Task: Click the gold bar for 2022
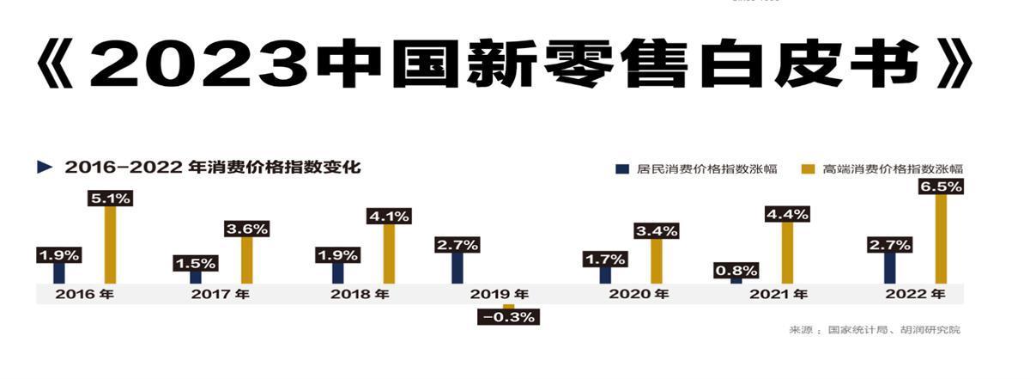click(x=941, y=239)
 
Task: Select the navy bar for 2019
click(x=458, y=267)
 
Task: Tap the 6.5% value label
click(x=941, y=186)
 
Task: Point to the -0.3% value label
click(x=508, y=317)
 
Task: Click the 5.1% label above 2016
click(x=110, y=198)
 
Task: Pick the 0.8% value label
click(x=736, y=270)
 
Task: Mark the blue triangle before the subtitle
click(x=45, y=168)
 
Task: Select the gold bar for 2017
click(x=247, y=260)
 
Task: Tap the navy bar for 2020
click(x=606, y=275)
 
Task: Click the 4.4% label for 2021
click(x=787, y=214)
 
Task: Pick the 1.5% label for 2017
click(x=195, y=262)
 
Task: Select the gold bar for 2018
click(x=389, y=254)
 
